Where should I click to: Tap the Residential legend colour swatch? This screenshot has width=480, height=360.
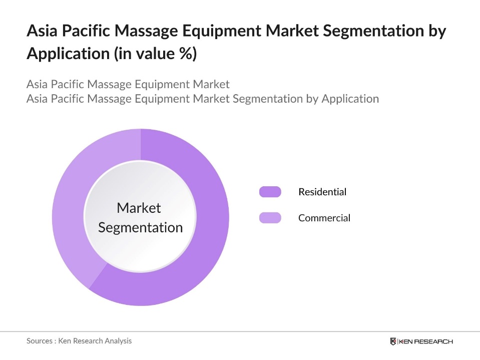point(270,192)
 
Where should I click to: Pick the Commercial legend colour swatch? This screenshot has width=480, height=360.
point(270,218)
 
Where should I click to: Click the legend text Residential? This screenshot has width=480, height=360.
point(322,192)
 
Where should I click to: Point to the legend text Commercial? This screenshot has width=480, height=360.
point(324,218)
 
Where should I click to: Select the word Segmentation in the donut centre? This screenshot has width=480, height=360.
point(140,227)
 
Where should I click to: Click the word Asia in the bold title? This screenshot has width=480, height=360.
point(41,32)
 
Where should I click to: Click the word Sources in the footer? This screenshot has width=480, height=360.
point(40,340)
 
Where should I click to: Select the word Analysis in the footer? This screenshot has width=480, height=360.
point(118,340)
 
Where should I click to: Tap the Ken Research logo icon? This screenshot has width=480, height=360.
point(393,341)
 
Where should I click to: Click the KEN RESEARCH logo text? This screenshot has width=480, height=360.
point(426,341)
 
